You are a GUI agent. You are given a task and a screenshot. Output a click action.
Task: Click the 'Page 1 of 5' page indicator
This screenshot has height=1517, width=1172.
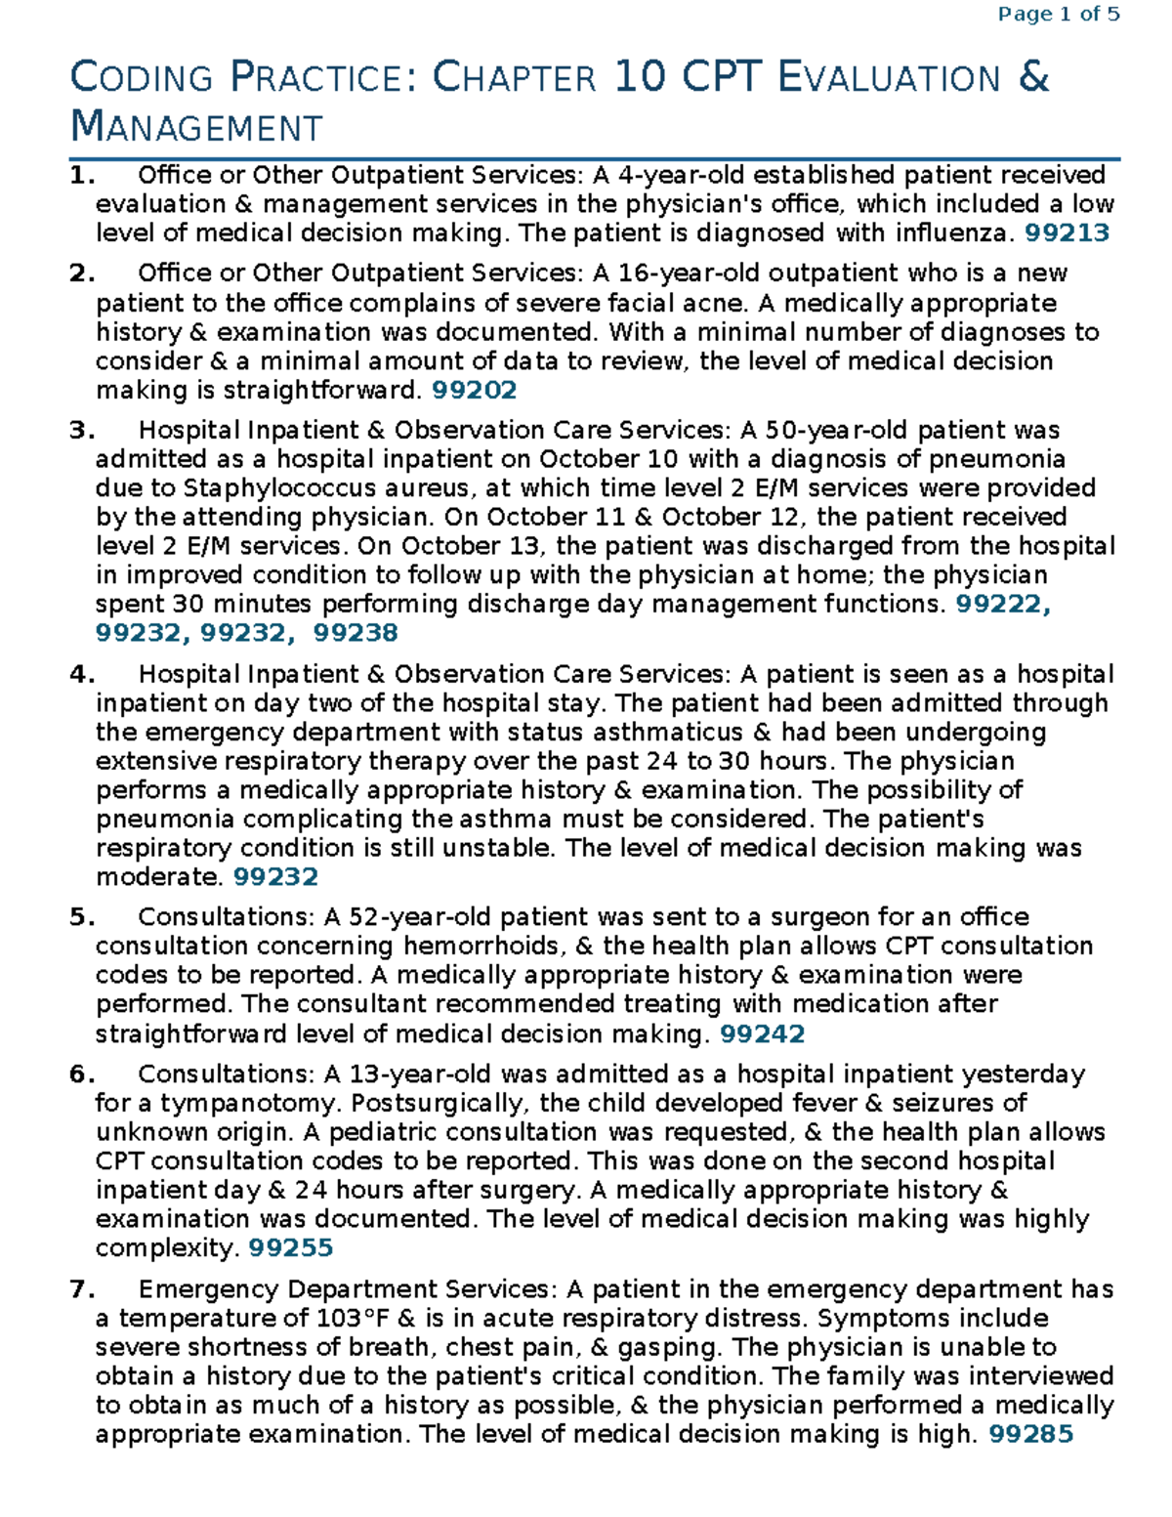tap(1058, 15)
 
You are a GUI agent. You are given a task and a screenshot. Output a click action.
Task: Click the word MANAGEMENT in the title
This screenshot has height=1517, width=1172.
tap(196, 127)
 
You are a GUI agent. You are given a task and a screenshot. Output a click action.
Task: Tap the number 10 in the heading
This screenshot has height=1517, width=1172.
tap(640, 77)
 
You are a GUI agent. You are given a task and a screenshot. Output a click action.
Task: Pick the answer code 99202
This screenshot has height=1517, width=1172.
tap(474, 390)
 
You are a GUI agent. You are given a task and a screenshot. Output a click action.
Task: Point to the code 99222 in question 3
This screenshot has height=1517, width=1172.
tap(1002, 604)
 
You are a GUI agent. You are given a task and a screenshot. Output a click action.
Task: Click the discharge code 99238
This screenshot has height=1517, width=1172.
tap(356, 633)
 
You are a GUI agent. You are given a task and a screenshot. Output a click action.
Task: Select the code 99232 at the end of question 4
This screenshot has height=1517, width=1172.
tap(276, 876)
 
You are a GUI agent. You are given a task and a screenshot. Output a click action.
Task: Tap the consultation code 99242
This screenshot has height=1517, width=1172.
tap(762, 1033)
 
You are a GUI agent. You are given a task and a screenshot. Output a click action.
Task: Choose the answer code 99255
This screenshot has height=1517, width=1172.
tap(291, 1247)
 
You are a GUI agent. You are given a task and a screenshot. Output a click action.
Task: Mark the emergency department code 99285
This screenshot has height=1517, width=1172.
tap(1031, 1434)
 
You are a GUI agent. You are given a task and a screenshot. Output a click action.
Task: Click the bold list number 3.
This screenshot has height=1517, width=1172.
tap(80, 431)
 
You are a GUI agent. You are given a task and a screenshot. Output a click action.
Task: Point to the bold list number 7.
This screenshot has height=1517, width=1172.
tap(80, 1289)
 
